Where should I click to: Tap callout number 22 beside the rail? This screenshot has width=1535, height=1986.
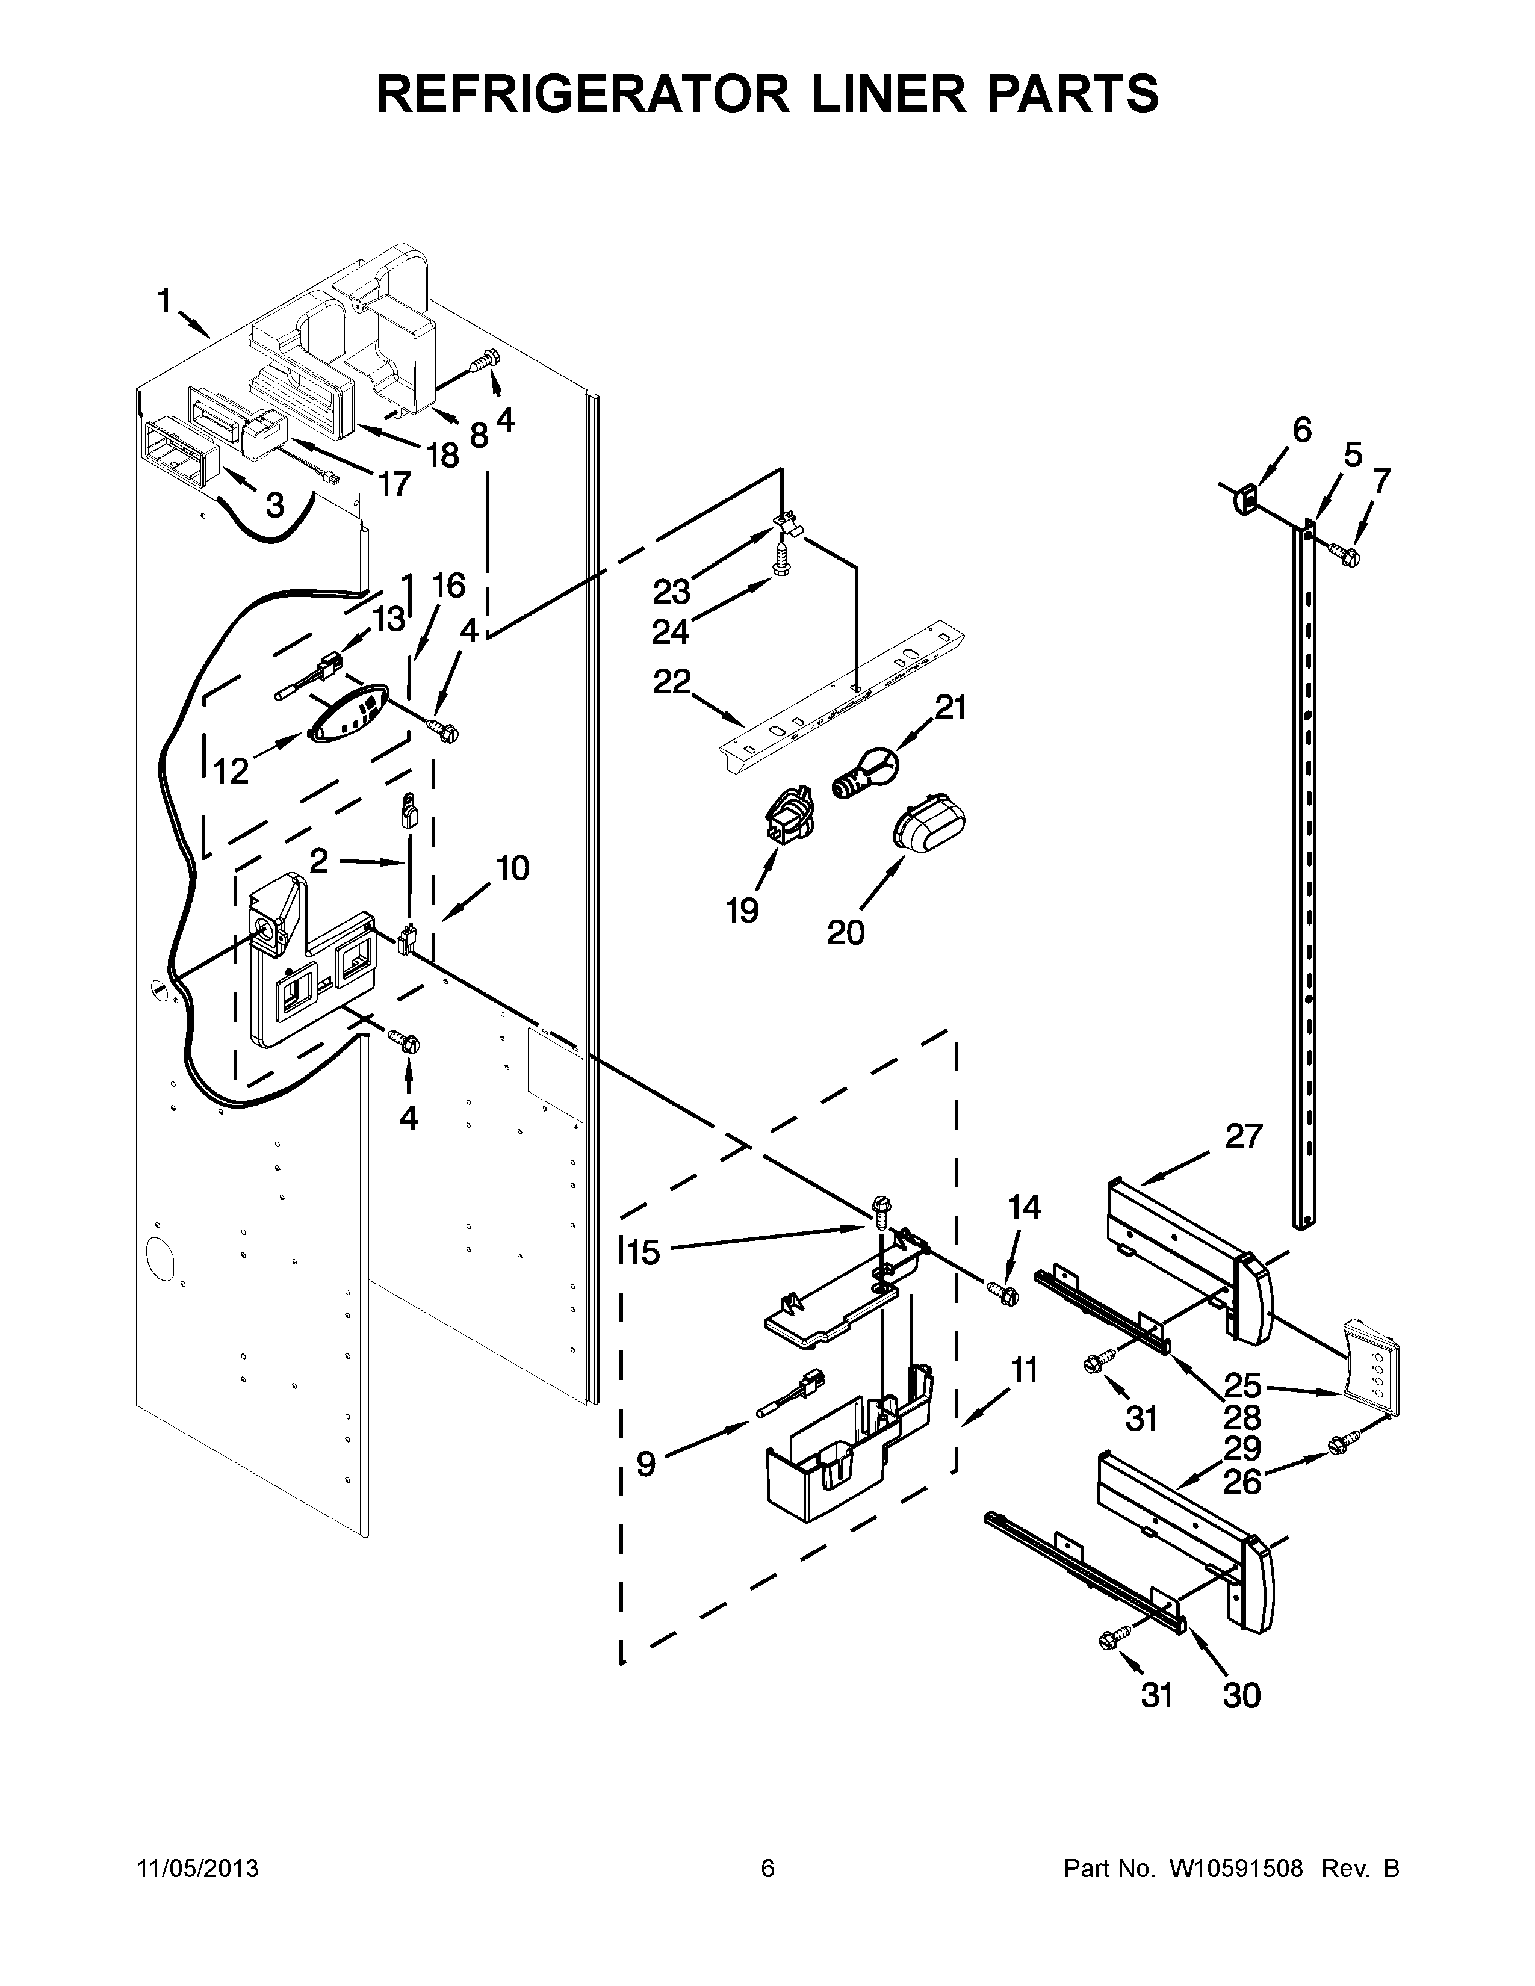[x=672, y=681]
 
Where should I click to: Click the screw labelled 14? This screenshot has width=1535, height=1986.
[x=1003, y=1292]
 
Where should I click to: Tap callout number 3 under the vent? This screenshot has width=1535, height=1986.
[x=274, y=505]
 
